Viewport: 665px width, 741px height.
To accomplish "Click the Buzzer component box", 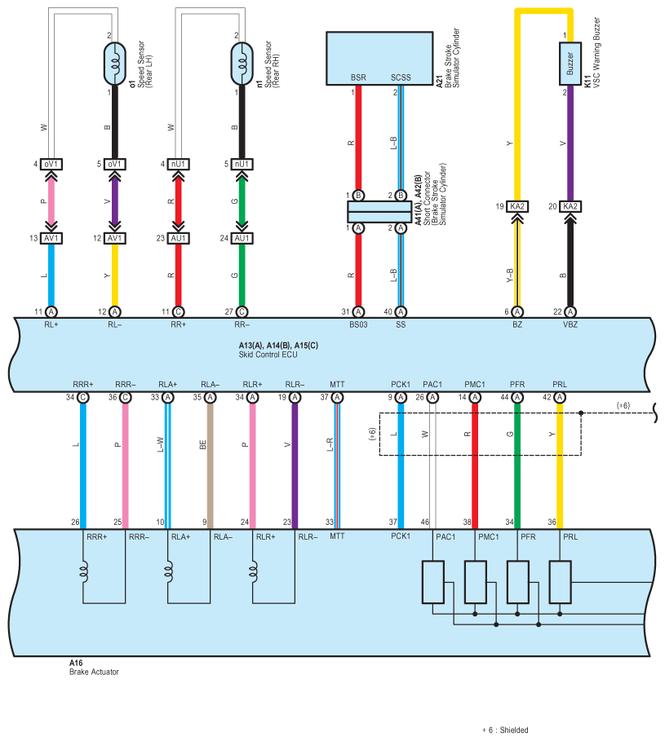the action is click(x=570, y=64).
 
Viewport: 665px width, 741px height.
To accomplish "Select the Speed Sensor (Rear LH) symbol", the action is click(x=114, y=64).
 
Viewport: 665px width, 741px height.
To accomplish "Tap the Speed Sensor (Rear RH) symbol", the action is click(x=242, y=64).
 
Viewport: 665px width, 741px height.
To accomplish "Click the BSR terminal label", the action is click(x=358, y=77).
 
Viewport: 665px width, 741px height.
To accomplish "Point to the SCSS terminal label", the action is click(x=401, y=77).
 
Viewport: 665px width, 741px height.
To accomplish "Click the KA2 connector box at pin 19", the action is click(x=517, y=206).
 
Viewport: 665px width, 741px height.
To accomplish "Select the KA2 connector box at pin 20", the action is click(x=570, y=206).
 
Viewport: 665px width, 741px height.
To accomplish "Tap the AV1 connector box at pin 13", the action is click(x=51, y=238).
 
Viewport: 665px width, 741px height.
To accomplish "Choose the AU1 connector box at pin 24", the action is click(x=242, y=238).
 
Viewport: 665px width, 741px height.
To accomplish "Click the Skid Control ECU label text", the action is click(x=268, y=355).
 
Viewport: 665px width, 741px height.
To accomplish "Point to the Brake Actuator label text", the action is click(x=94, y=672).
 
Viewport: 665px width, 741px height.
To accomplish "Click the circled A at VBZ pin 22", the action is click(x=570, y=312).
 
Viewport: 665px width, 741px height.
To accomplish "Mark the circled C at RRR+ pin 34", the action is click(x=82, y=398).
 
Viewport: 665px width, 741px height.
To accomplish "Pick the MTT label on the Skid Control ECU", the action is click(x=337, y=384).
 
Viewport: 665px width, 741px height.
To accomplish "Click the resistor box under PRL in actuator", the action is click(x=560, y=582).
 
